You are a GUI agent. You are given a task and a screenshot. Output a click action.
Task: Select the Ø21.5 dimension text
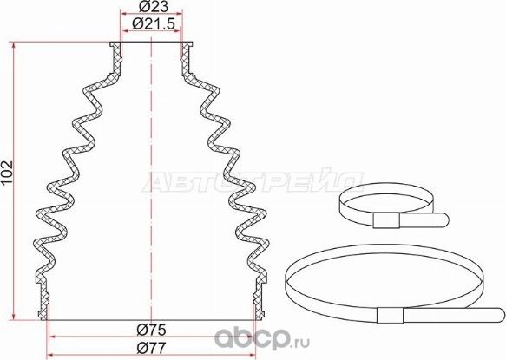pyautogui.click(x=152, y=27)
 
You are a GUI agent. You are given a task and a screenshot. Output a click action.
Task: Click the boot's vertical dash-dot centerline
pyautogui.click(x=153, y=173)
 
